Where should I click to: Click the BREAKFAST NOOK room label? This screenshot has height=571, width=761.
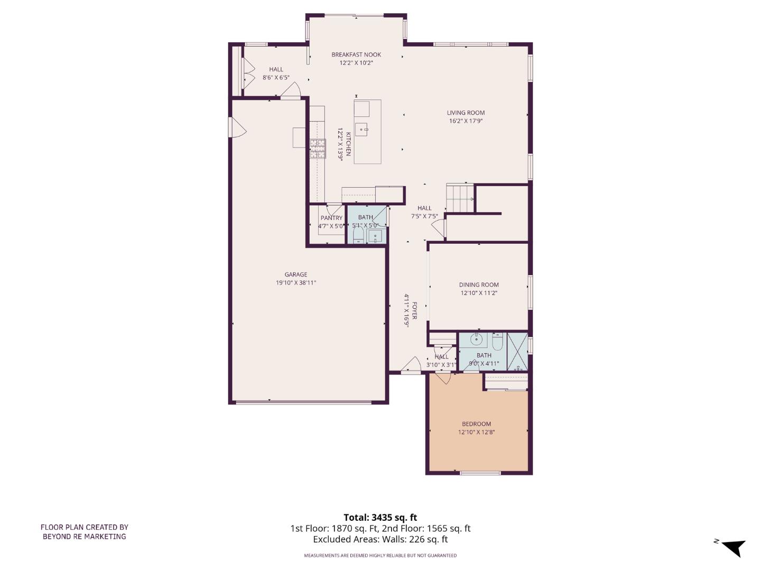(356, 54)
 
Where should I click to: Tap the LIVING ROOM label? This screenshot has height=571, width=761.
(466, 113)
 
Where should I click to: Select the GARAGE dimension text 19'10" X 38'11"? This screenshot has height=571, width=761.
(296, 283)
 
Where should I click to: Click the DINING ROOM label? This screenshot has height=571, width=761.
(479, 284)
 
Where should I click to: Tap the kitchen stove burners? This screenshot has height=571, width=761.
(318, 149)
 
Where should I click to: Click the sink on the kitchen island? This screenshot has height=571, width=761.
(362, 128)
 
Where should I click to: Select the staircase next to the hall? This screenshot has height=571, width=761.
(459, 198)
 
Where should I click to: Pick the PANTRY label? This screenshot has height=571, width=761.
(331, 218)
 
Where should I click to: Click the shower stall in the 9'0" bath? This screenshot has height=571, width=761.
(517, 352)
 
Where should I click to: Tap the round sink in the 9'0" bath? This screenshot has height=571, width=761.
(477, 340)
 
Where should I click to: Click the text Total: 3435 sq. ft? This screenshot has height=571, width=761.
(380, 518)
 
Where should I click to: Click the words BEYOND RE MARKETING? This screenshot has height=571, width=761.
(85, 536)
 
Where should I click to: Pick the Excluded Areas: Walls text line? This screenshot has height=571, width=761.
(380, 539)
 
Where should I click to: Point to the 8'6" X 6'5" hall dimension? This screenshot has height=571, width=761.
(276, 78)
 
